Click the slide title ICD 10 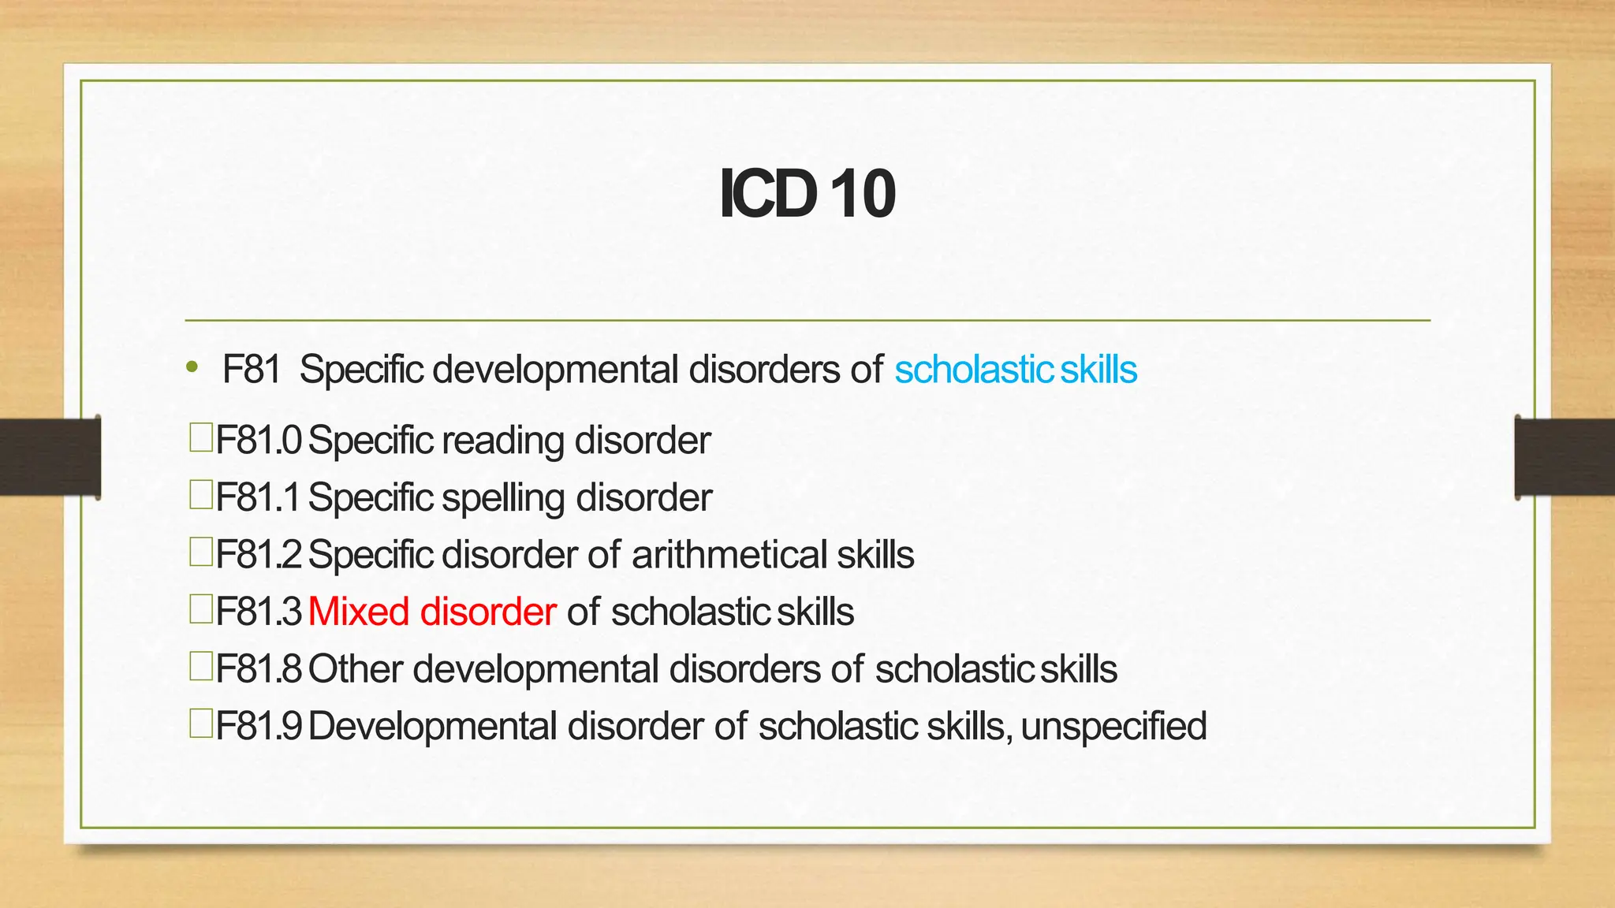coord(807,194)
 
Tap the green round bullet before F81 coord(192,367)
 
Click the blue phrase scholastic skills coord(1016,370)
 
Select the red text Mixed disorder coord(432,612)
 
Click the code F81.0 coord(259,440)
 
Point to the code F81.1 coord(258,497)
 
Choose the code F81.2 coord(259,554)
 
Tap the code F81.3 coord(259,612)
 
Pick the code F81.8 coord(259,669)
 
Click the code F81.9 coord(259,726)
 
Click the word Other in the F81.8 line coord(356,669)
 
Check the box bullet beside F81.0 coord(201,437)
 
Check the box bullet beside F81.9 coord(201,724)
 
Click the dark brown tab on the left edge coord(50,457)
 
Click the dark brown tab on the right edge coord(1565,457)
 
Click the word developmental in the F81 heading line coord(555,370)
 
